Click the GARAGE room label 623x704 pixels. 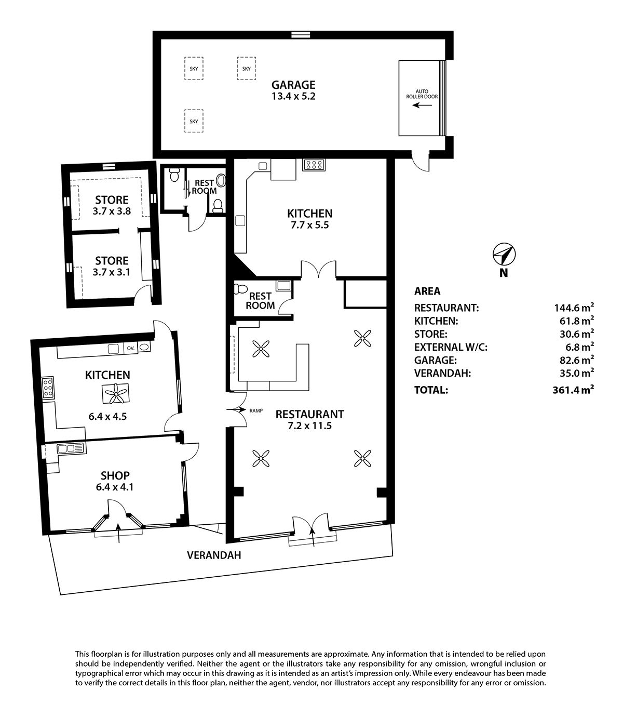(293, 85)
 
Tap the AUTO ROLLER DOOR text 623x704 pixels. (422, 94)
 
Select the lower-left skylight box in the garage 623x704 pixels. (194, 121)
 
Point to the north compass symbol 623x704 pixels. (504, 254)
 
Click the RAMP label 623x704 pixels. (256, 411)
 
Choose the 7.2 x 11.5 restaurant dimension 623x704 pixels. (309, 426)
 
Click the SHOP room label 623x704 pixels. (115, 475)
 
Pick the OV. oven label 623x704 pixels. (131, 348)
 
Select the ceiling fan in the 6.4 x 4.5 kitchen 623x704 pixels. (115, 393)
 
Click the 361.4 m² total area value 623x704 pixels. (573, 390)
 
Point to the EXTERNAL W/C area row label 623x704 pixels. (451, 347)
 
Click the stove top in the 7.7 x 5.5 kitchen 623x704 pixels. (314, 165)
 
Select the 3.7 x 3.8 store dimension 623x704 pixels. (112, 211)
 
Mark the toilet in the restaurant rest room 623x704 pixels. (241, 289)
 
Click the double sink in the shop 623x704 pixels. (72, 448)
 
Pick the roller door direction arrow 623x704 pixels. (422, 104)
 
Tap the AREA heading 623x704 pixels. (427, 291)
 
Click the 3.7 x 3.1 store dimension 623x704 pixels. (111, 272)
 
